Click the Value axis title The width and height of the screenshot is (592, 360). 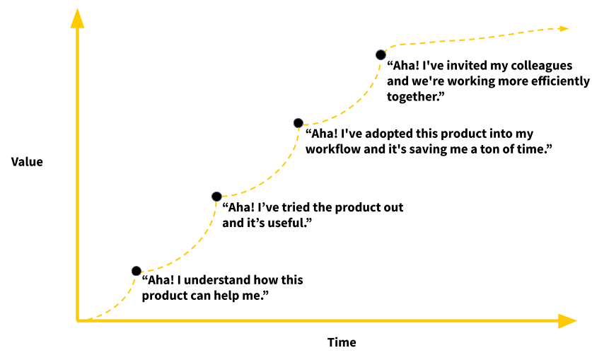(27, 162)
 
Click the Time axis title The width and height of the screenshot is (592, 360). (342, 342)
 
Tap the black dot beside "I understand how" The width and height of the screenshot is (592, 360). (137, 271)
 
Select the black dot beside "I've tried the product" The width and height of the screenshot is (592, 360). (216, 196)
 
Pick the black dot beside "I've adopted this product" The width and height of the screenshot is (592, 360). (298, 122)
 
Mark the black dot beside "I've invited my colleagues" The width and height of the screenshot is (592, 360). (381, 54)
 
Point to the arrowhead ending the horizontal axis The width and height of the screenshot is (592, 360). (568, 320)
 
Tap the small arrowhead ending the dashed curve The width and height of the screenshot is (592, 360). (564, 28)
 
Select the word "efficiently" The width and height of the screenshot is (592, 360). (557, 81)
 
